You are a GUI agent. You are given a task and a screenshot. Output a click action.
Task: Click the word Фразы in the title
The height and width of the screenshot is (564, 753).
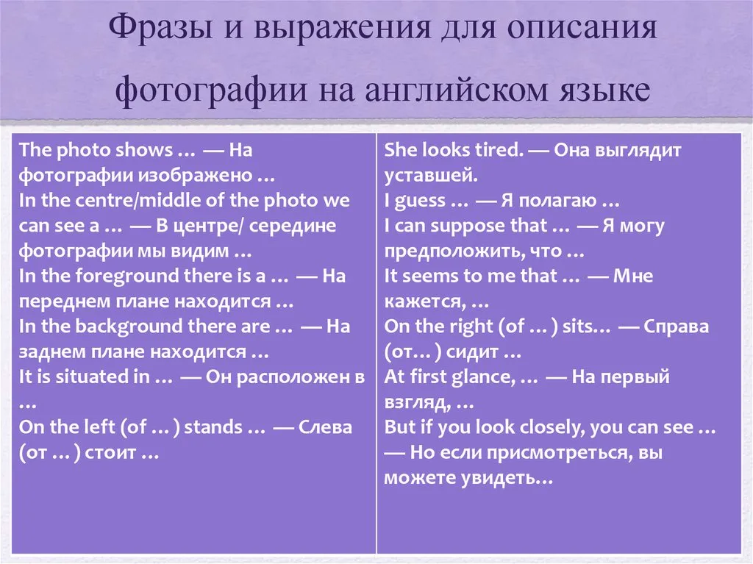click(160, 29)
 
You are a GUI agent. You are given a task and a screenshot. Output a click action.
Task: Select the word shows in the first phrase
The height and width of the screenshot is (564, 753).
click(144, 150)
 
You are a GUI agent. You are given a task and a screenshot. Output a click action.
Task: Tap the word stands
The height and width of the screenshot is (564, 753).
click(213, 427)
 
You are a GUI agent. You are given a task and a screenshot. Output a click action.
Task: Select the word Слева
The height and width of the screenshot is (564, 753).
click(325, 427)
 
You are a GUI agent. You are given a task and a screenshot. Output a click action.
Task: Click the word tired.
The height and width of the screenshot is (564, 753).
click(499, 150)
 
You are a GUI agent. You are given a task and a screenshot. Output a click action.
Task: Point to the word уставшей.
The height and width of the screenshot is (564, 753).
click(431, 176)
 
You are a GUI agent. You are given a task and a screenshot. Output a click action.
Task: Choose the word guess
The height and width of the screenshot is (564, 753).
click(420, 201)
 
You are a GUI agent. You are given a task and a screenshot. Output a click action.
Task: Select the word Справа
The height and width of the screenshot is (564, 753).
click(676, 327)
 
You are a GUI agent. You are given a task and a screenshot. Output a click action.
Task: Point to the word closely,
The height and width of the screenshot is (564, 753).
click(552, 427)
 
